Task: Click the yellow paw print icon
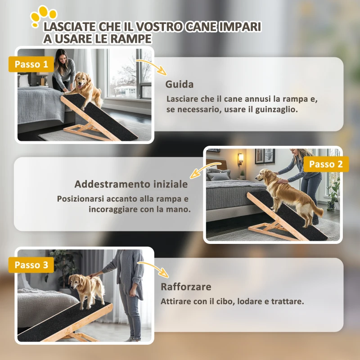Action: point(44,15)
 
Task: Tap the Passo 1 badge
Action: point(31,64)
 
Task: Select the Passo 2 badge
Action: point(326,164)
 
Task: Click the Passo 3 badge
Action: point(31,265)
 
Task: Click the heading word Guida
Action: point(180,84)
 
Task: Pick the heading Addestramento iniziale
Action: point(131,184)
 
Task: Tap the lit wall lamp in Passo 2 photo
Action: point(240,157)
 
